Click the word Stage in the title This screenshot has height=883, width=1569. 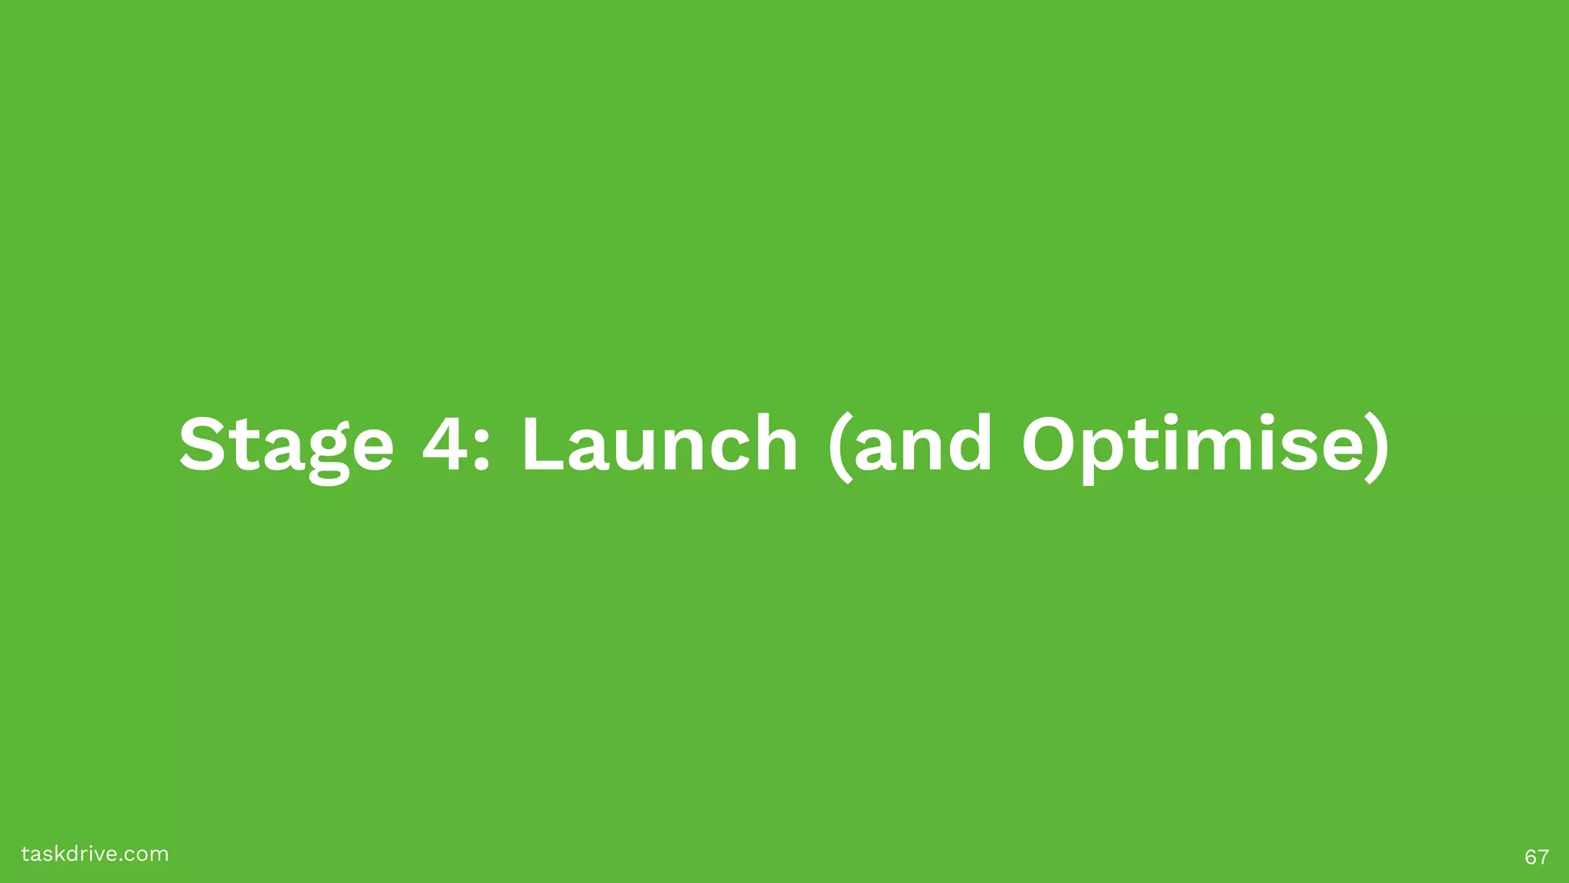(286, 445)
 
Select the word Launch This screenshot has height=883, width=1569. (660, 444)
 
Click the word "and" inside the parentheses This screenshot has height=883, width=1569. (924, 445)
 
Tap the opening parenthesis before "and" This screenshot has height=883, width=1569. (840, 448)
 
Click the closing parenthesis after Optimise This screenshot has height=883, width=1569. (1377, 448)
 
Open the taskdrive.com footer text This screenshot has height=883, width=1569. (95, 854)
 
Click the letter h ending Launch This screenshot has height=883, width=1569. (773, 444)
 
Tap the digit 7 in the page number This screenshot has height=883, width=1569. (1543, 857)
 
